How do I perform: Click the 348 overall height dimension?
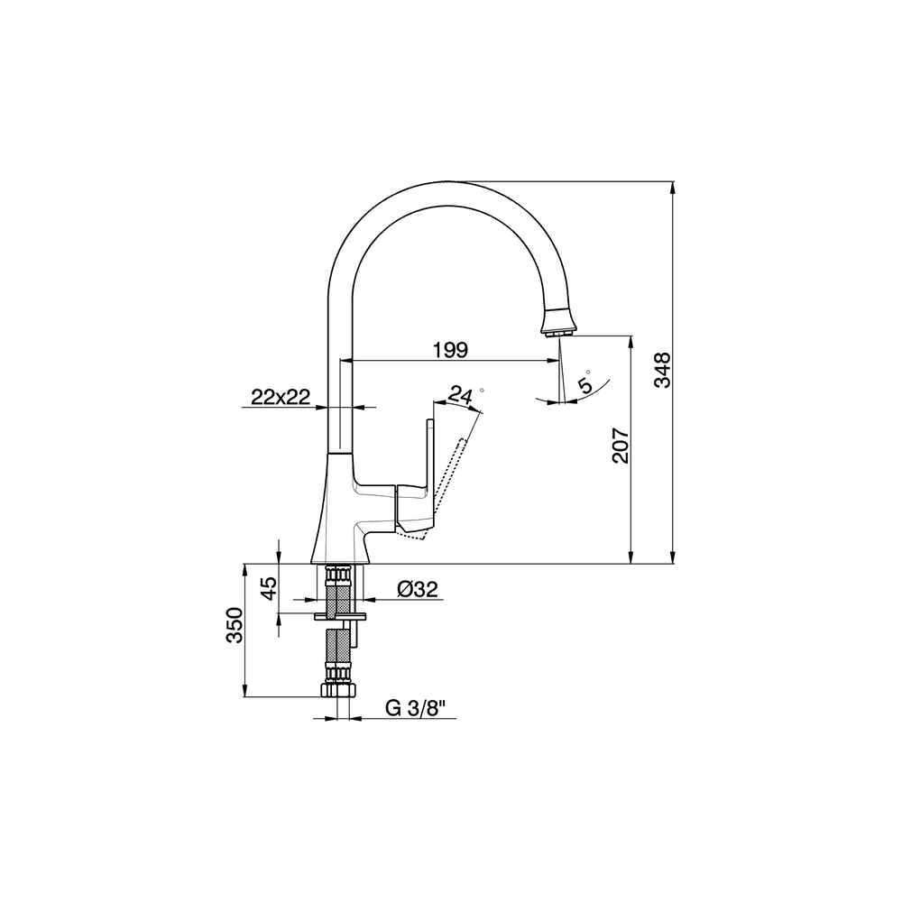point(662,370)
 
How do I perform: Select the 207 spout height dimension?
point(621,445)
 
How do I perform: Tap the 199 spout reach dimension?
point(450,349)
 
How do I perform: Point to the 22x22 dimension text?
point(281,396)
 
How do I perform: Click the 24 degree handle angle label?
point(460,395)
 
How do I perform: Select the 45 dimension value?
point(269,588)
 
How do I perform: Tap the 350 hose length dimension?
point(235,625)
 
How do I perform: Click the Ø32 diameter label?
point(418,588)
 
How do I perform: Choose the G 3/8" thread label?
point(415,708)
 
